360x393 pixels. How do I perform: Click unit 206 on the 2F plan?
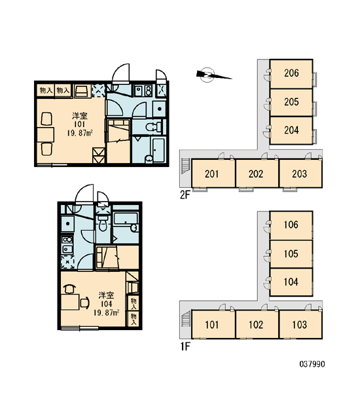[291, 73]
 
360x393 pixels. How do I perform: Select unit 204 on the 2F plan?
[291, 130]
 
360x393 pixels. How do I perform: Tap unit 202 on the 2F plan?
[257, 174]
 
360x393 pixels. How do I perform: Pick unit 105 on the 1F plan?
[291, 254]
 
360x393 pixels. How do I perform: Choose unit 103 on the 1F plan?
[300, 325]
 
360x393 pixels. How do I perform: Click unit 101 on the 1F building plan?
[213, 325]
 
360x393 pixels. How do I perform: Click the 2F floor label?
[185, 195]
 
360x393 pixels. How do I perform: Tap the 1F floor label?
[185, 346]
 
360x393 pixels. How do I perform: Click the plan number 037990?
[312, 364]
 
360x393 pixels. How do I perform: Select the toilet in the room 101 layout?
[153, 126]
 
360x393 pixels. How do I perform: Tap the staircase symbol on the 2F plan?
[185, 166]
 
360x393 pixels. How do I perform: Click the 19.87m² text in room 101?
[80, 132]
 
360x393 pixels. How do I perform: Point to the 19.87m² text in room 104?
[106, 312]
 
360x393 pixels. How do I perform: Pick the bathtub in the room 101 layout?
[158, 149]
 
